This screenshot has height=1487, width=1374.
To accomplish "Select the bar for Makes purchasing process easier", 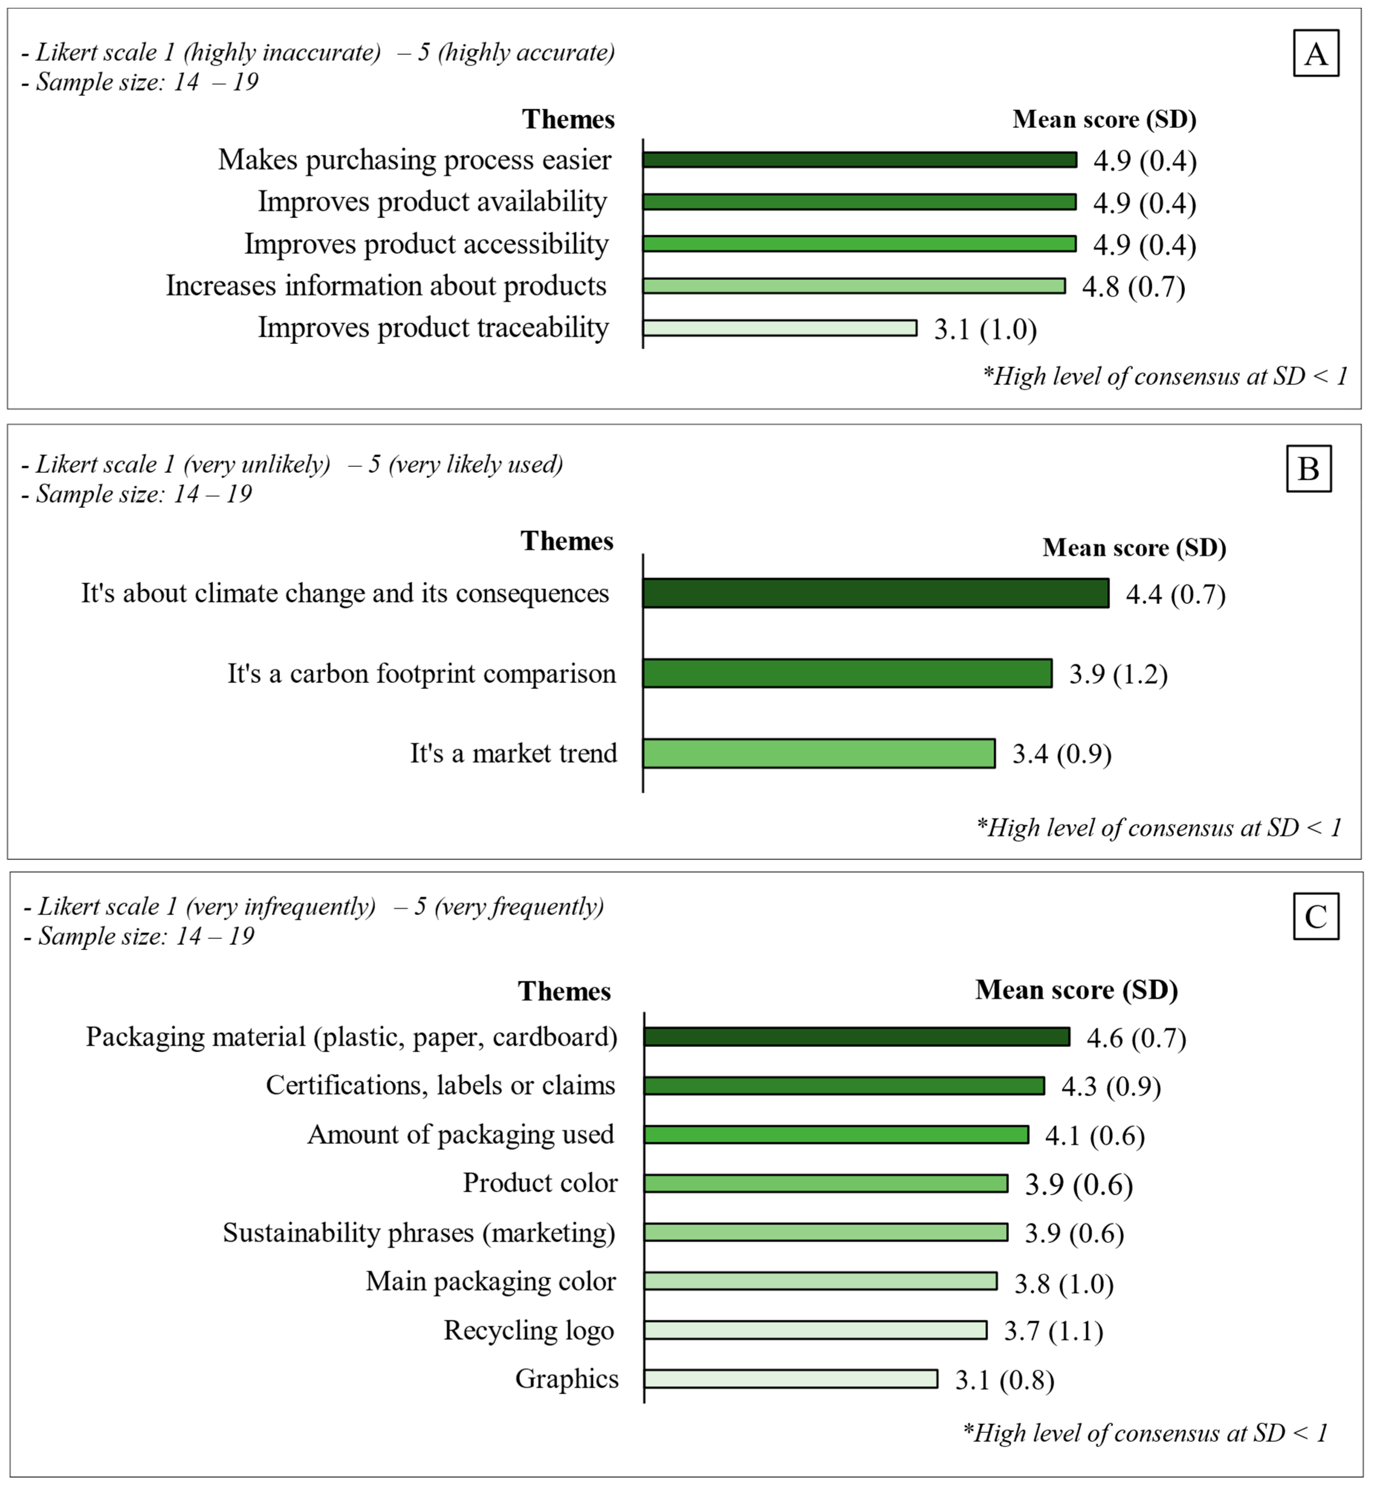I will tap(860, 160).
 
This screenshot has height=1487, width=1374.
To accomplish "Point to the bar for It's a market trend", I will tap(819, 753).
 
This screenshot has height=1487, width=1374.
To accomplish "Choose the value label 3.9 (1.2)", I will tap(1118, 674).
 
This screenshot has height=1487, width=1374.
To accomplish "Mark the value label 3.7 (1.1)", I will tap(1053, 1331).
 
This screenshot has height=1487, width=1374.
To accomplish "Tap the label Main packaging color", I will tap(491, 1281).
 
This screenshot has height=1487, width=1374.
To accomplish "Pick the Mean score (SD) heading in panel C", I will tap(1076, 990).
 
